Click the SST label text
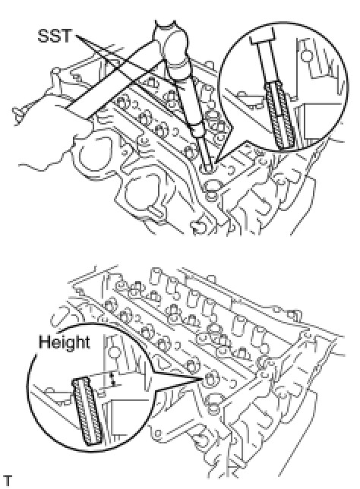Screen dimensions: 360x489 click(x=55, y=36)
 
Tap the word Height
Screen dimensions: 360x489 click(x=65, y=342)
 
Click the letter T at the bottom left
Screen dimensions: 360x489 click(x=8, y=481)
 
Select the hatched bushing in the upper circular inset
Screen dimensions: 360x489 click(x=279, y=115)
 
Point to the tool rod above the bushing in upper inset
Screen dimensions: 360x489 click(x=266, y=62)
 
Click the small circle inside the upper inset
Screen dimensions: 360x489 click(x=307, y=56)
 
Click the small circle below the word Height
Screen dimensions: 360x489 click(x=114, y=352)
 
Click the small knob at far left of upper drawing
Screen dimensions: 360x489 click(x=19, y=113)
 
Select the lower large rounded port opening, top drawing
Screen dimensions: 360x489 click(x=141, y=196)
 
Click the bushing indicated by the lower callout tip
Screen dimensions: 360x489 click(x=211, y=378)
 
